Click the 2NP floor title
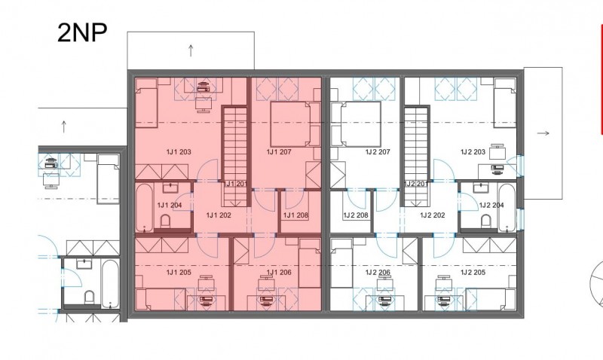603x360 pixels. tap(82, 33)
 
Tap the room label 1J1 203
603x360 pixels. tap(179, 152)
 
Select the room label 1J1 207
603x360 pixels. tap(279, 152)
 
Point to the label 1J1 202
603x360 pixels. tap(219, 215)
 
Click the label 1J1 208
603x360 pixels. tap(295, 215)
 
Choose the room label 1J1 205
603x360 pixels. tap(179, 273)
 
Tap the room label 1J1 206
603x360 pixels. tap(279, 273)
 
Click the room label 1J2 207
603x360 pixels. tap(378, 152)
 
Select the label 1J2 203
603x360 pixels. tap(473, 152)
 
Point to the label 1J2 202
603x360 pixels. tap(433, 215)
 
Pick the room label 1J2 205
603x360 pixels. tap(473, 273)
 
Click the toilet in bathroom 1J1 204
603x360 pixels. tap(165, 221)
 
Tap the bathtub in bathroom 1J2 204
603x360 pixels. tap(507, 207)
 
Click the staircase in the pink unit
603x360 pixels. tap(234, 156)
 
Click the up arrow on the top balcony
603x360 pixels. tap(191, 50)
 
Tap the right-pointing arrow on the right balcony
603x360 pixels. tap(543, 133)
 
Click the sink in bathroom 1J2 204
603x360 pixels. tap(480, 188)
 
